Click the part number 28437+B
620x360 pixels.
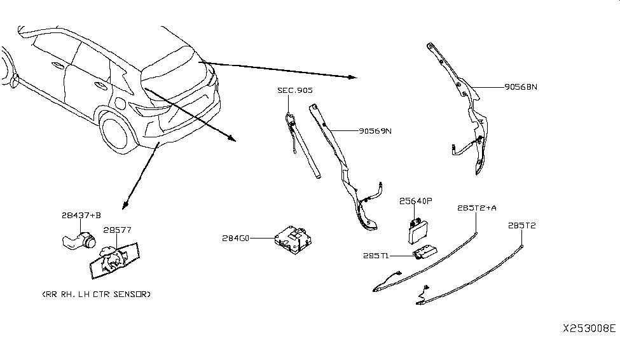tap(81, 216)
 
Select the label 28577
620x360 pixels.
tap(117, 230)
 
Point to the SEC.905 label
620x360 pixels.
tap(295, 91)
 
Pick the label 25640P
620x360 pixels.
tap(416, 201)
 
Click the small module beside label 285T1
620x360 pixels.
tap(425, 253)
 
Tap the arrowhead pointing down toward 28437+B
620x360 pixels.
tap(126, 204)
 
